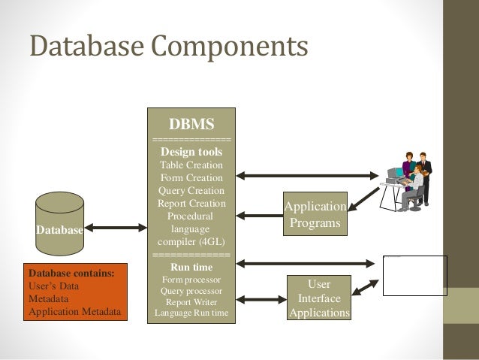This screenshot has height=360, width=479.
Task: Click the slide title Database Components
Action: pyautogui.click(x=169, y=47)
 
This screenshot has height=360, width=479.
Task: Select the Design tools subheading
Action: pyautogui.click(x=191, y=151)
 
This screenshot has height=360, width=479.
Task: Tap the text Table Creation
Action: pyautogui.click(x=191, y=165)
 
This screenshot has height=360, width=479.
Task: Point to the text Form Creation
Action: pyautogui.click(x=191, y=177)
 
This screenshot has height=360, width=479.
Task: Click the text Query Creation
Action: pyautogui.click(x=191, y=190)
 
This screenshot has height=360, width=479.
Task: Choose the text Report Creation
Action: pyautogui.click(x=191, y=203)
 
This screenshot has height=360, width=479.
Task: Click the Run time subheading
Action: pyautogui.click(x=191, y=266)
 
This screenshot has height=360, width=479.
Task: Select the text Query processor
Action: pyautogui.click(x=191, y=290)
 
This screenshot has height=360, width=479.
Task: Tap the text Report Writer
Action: pyautogui.click(x=191, y=301)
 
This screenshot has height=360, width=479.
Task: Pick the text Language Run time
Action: pyautogui.click(x=191, y=313)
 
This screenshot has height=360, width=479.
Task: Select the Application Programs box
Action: pyautogui.click(x=315, y=215)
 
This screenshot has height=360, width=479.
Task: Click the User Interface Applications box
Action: pyautogui.click(x=318, y=298)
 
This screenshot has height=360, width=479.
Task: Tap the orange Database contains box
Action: pyautogui.click(x=75, y=292)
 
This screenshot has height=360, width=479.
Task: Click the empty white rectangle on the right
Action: pyautogui.click(x=414, y=275)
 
